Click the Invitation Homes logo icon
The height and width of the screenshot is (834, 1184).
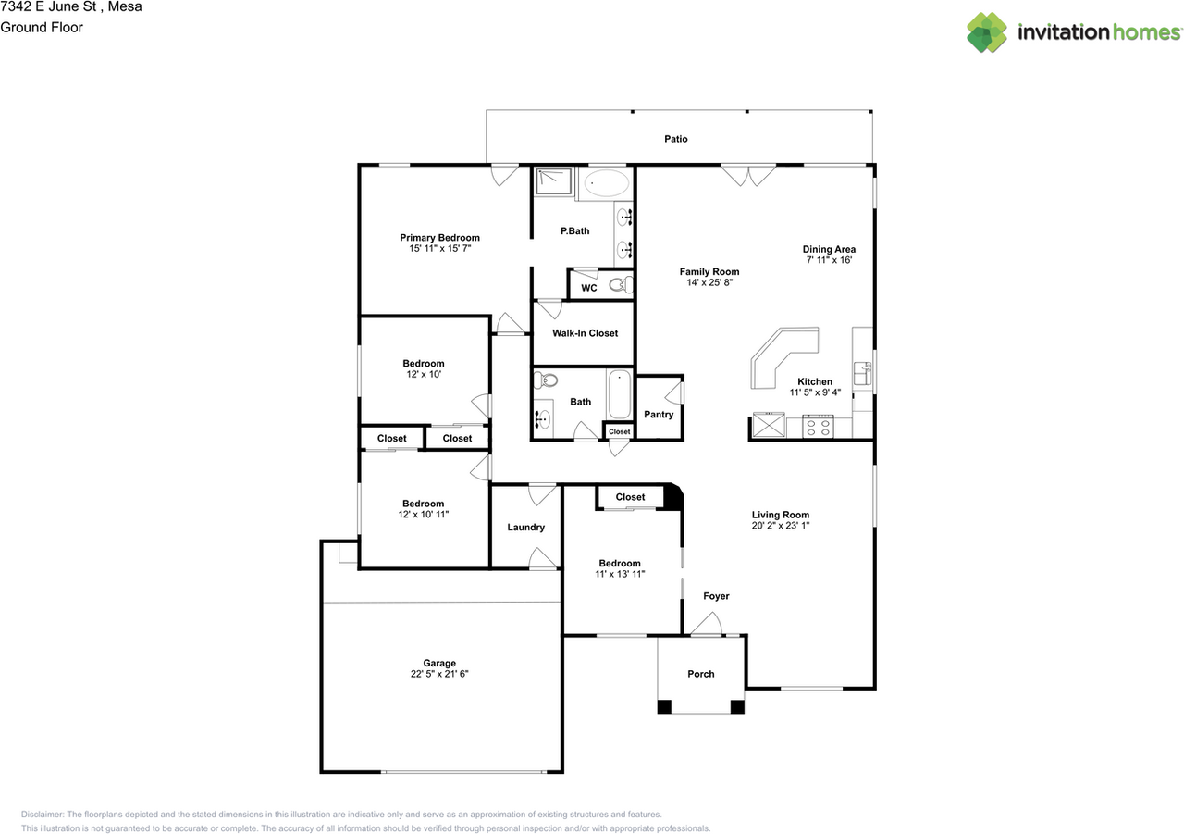click(x=987, y=32)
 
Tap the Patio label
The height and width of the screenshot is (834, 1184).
click(x=675, y=139)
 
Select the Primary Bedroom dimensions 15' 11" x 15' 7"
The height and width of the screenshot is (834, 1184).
click(x=439, y=249)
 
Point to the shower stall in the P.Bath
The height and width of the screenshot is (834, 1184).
click(x=553, y=183)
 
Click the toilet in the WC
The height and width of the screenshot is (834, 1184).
click(x=622, y=284)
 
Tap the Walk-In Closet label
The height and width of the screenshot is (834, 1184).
click(x=585, y=333)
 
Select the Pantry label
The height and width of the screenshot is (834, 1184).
click(x=659, y=415)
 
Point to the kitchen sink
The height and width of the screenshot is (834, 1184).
click(x=862, y=372)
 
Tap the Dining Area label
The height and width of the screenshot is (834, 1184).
click(x=828, y=249)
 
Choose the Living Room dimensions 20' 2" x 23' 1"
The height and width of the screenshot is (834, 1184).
click(x=780, y=525)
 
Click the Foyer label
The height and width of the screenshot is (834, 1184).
click(x=716, y=596)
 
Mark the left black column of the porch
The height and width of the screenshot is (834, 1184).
click(x=664, y=707)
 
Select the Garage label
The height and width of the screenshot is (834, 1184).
click(x=439, y=663)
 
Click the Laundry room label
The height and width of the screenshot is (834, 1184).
click(x=525, y=528)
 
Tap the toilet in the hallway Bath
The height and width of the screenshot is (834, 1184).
click(x=549, y=380)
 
